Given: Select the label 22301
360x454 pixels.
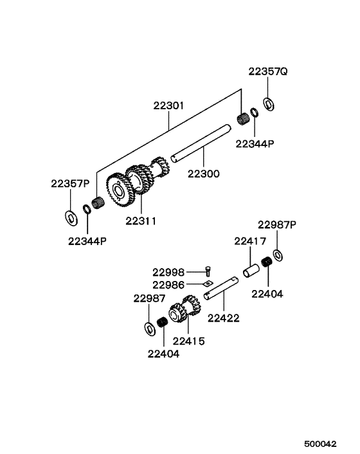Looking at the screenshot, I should tap(168, 105).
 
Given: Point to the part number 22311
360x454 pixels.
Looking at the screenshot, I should tap(141, 221).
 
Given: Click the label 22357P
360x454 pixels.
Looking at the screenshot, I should tap(70, 183).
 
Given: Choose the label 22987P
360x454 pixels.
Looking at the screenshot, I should tap(277, 224).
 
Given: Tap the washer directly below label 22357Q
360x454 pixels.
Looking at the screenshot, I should tap(269, 103).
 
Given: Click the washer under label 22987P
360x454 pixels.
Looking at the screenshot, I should tap(277, 255).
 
